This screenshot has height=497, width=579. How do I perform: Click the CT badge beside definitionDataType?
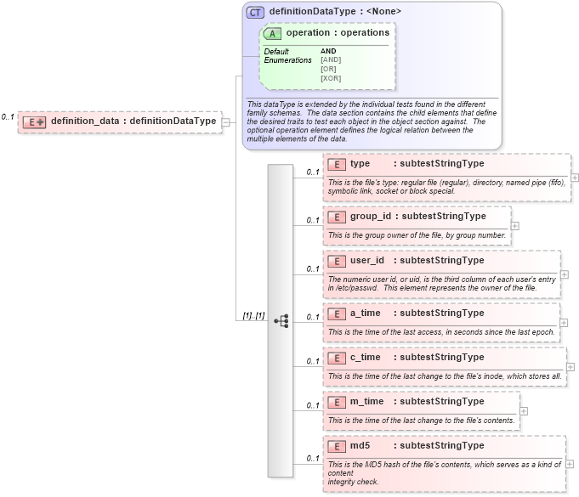[255, 12]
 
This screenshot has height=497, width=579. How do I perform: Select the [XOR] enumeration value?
[331, 78]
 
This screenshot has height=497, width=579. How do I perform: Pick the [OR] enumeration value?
[329, 69]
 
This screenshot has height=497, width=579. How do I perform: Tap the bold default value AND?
[328, 51]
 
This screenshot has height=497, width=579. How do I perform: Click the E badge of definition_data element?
[34, 121]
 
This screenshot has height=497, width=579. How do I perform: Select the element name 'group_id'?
[371, 216]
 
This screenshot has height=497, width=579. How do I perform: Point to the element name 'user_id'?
[367, 260]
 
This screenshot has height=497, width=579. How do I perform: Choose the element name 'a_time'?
[366, 313]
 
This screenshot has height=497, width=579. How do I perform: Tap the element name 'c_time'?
[366, 357]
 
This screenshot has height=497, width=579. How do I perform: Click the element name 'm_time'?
[366, 401]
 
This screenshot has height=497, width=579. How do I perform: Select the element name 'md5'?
[360, 445]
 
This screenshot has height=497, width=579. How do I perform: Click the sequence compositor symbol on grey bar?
[281, 321]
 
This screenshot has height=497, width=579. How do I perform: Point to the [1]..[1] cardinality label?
[253, 316]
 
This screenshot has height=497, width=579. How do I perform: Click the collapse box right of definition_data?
[226, 121]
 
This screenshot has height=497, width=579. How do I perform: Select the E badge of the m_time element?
[336, 402]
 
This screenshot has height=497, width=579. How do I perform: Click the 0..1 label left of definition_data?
[8, 116]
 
